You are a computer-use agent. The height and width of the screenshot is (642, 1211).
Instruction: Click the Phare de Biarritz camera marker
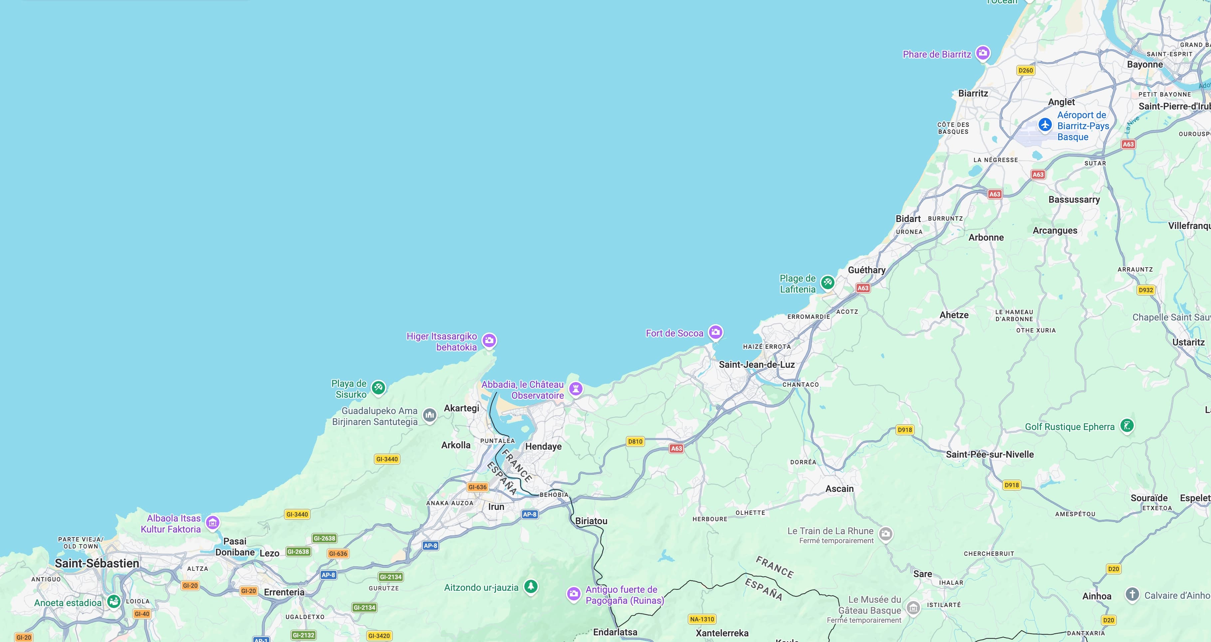983,53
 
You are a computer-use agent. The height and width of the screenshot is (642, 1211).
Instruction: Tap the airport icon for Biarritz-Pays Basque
1045,125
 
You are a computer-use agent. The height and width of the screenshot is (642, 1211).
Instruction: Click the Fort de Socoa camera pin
715,332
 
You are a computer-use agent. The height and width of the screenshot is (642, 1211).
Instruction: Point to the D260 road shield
1025,71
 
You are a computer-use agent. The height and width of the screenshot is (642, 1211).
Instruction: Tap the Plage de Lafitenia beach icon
828,283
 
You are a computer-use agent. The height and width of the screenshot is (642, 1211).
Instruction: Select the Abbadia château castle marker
576,389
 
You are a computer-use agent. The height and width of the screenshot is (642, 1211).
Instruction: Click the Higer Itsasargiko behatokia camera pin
489,340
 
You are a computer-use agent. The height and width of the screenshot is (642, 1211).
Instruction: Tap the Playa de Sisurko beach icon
378,388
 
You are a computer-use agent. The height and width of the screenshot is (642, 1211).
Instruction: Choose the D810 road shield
635,441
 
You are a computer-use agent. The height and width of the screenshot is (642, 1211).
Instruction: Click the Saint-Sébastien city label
97,563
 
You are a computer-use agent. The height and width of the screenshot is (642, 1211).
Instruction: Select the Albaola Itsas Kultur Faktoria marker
212,522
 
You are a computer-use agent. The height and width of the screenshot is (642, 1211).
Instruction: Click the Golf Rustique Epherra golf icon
1127,425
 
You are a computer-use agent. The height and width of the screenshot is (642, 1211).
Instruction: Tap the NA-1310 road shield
702,619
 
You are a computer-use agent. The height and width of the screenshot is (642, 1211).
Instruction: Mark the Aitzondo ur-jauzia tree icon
531,586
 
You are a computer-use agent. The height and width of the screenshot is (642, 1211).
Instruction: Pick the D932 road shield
1146,290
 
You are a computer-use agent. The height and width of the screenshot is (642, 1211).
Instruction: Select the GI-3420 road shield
379,636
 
